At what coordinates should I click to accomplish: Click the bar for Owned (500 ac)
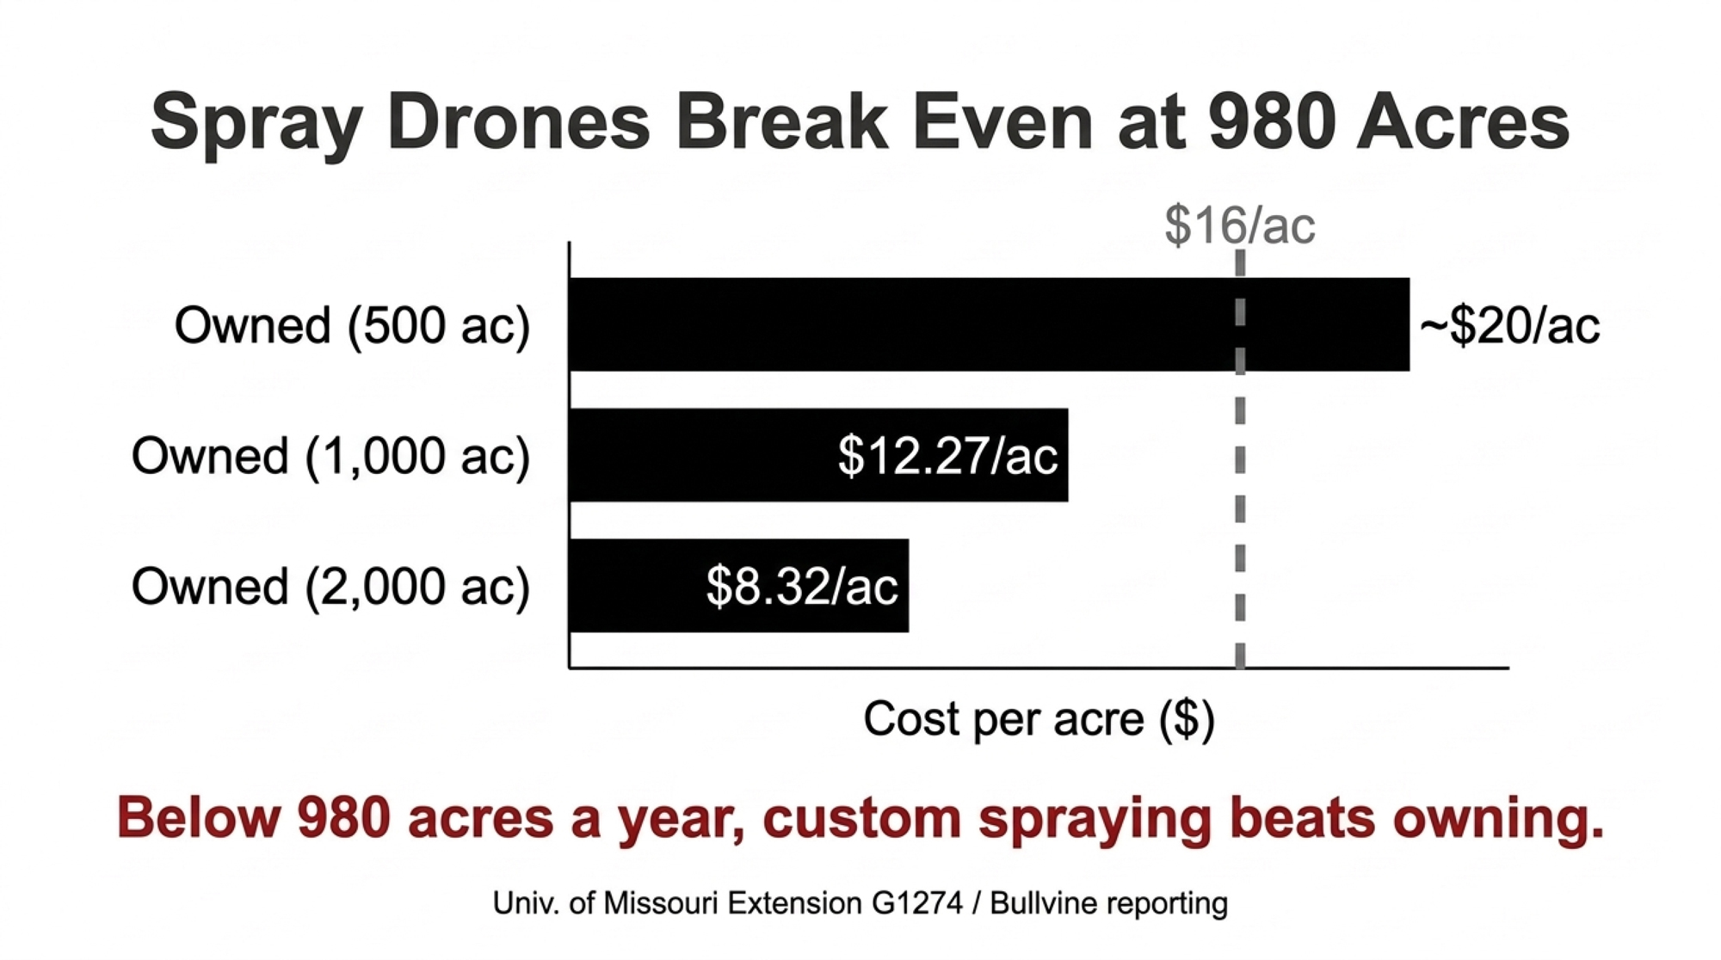tap(990, 324)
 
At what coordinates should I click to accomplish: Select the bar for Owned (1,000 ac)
tap(818, 455)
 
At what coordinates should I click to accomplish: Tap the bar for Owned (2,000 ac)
tap(739, 586)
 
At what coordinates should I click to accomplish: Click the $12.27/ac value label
tap(947, 456)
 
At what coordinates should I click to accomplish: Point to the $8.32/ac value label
tap(802, 587)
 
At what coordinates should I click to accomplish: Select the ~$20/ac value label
tap(1509, 326)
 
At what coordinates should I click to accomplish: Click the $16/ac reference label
tap(1240, 225)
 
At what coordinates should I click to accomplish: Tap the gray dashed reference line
tap(1240, 459)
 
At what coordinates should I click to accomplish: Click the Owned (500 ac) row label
tap(352, 326)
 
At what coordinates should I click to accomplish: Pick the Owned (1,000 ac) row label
tap(330, 457)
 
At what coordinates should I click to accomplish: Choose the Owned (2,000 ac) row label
tap(330, 588)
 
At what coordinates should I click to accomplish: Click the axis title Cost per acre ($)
tap(1039, 719)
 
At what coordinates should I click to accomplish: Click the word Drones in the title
tap(519, 121)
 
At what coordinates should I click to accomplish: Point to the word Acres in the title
tap(1463, 121)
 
